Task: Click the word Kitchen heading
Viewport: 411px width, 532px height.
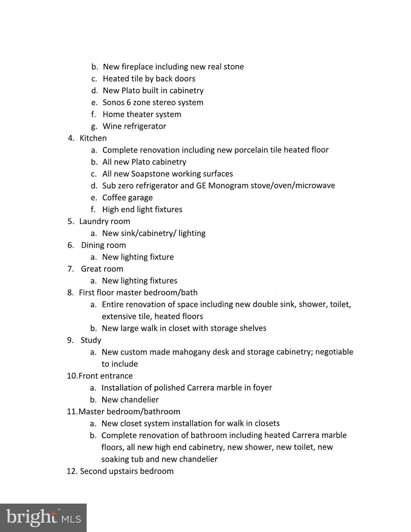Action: pyautogui.click(x=93, y=138)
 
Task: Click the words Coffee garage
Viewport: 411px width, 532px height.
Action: pyautogui.click(x=127, y=198)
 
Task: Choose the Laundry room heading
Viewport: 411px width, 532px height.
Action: pyautogui.click(x=104, y=221)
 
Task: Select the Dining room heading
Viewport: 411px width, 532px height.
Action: pyautogui.click(x=103, y=245)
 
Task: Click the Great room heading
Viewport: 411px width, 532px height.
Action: pyautogui.click(x=102, y=269)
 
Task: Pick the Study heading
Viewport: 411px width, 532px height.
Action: pyautogui.click(x=91, y=340)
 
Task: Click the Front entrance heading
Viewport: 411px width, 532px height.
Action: pyautogui.click(x=105, y=376)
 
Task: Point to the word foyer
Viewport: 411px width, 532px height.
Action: pyautogui.click(x=262, y=388)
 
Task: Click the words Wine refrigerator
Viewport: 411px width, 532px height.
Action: pyautogui.click(x=134, y=126)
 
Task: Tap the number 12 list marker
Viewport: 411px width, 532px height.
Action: pyautogui.click(x=71, y=471)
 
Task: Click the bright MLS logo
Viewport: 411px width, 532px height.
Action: pyautogui.click(x=43, y=517)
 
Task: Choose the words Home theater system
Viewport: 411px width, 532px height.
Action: pyautogui.click(x=142, y=114)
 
